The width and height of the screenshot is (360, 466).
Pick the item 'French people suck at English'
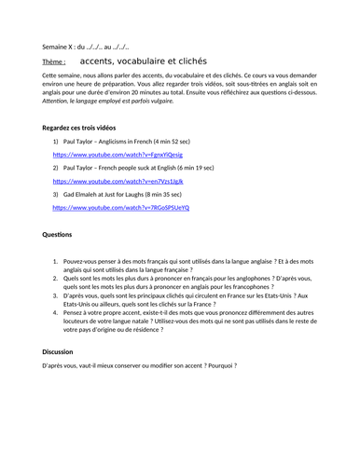coord(147,167)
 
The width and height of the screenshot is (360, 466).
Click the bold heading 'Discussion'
coord(64,351)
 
